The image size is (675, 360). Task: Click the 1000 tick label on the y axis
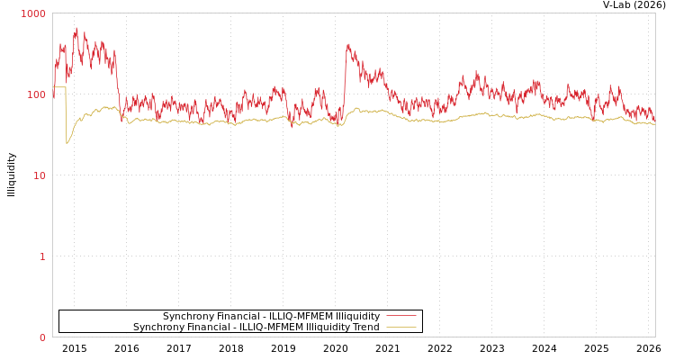33,13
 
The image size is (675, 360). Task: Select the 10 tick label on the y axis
39,175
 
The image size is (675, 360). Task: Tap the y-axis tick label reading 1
41,256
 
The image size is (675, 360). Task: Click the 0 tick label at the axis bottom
41,337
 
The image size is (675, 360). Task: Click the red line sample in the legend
401,317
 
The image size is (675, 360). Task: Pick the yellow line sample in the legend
401,328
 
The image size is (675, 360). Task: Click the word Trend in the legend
365,328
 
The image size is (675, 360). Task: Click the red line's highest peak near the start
76,28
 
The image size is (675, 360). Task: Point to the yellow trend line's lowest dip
67,142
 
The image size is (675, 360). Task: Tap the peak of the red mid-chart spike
348,44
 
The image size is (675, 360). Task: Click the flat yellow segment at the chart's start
59,87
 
